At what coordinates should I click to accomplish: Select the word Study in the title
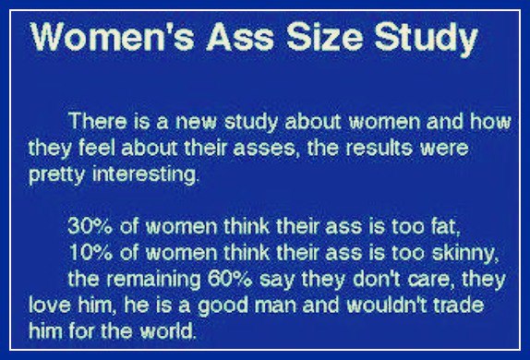tap(427, 40)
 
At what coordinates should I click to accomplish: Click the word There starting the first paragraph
tap(97, 121)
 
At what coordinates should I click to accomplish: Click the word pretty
tap(57, 175)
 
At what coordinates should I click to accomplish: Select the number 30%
tap(90, 226)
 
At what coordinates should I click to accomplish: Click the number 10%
tap(90, 252)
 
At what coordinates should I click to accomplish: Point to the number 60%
tap(230, 279)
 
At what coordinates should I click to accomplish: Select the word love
tap(50, 305)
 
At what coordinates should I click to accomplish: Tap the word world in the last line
tap(168, 331)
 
